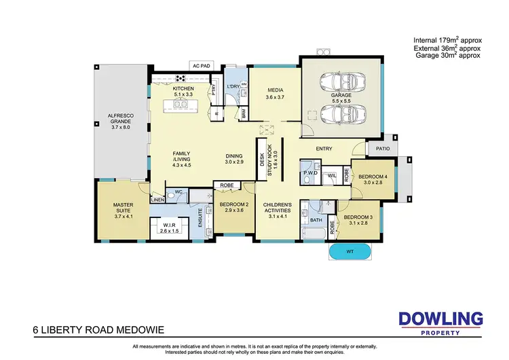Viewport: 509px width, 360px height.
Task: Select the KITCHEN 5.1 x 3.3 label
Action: coord(184,92)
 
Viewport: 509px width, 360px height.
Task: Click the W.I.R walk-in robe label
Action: coord(170,227)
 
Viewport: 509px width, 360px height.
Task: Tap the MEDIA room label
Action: coord(274,94)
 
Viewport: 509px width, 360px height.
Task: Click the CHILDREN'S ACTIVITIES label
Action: coord(278,210)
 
